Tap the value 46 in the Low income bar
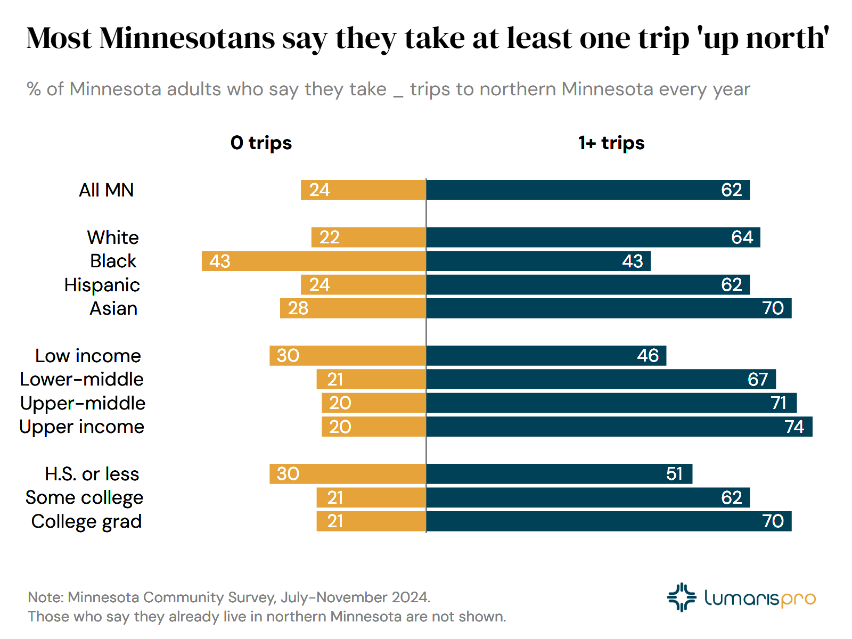pyautogui.click(x=648, y=356)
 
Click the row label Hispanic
pyautogui.click(x=102, y=285)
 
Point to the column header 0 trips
pyautogui.click(x=261, y=143)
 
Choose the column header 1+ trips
pyautogui.click(x=611, y=143)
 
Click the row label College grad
pyautogui.click(x=86, y=521)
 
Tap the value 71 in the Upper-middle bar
pyautogui.click(x=779, y=403)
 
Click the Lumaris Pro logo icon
pyautogui.click(x=681, y=597)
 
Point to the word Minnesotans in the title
pyautogui.click(x=187, y=38)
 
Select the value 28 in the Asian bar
pyautogui.click(x=298, y=308)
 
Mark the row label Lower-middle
pyautogui.click(x=81, y=379)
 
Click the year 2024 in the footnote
pyautogui.click(x=410, y=597)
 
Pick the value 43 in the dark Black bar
pyautogui.click(x=632, y=261)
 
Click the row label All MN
pyautogui.click(x=106, y=190)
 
